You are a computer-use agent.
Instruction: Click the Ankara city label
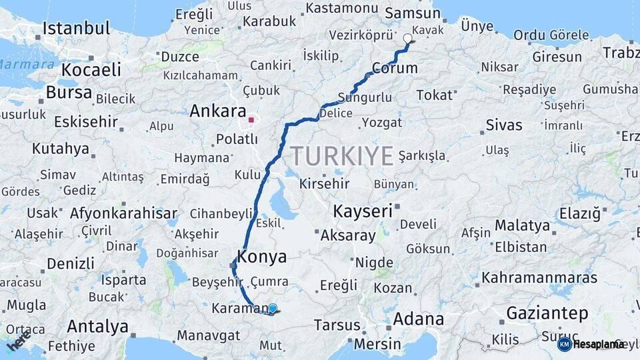(x=217, y=111)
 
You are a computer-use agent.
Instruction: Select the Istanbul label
(x=76, y=29)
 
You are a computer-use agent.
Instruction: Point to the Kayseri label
(x=362, y=212)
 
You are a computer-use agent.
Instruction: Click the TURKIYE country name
(x=341, y=157)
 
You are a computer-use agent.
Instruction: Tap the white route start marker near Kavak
(x=408, y=39)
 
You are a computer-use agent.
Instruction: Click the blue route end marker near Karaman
(x=272, y=308)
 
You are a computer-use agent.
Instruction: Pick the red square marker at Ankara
(x=251, y=121)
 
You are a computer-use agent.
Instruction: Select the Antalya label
(x=97, y=327)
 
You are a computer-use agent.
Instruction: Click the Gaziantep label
(x=547, y=313)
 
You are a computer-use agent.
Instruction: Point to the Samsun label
(x=409, y=13)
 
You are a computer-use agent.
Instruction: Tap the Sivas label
(x=503, y=125)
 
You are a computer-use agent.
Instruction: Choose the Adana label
(x=418, y=319)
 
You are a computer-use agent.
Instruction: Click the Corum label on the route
(x=395, y=68)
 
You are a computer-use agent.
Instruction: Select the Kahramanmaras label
(x=539, y=277)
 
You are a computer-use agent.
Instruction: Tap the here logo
(x=19, y=340)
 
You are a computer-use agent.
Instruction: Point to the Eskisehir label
(x=85, y=122)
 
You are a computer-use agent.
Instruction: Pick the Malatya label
(x=522, y=225)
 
